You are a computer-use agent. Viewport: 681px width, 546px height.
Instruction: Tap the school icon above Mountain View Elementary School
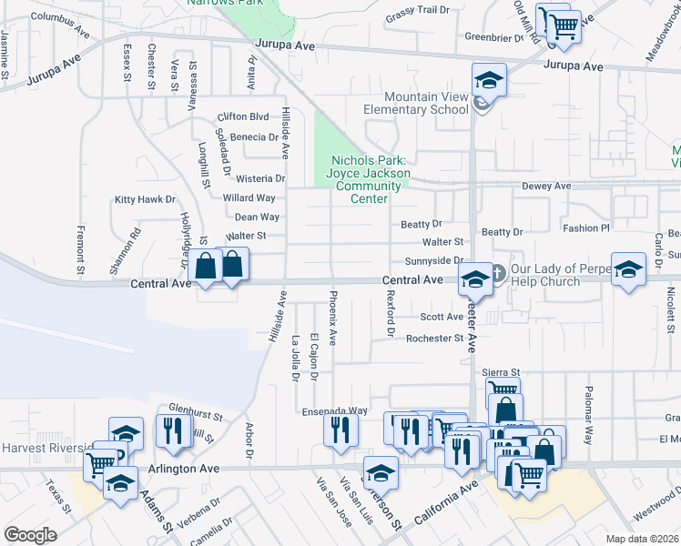[489, 81]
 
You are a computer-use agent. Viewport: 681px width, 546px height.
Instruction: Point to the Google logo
[30, 535]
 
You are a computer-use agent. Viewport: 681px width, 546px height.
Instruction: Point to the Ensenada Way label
[335, 411]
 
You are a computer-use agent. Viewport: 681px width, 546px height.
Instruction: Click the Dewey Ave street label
[546, 187]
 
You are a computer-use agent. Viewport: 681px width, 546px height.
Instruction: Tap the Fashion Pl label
[584, 228]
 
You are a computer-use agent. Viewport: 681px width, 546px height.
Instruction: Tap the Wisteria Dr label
[260, 179]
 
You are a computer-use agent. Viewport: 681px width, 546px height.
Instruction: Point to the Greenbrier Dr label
[492, 38]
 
